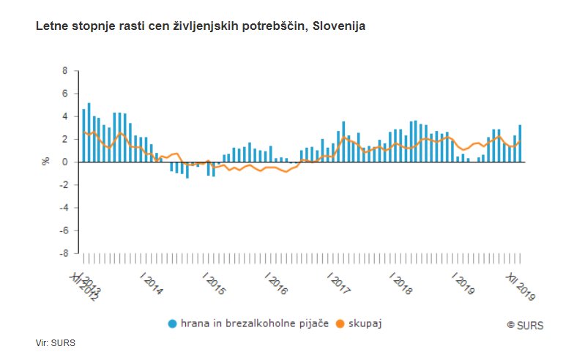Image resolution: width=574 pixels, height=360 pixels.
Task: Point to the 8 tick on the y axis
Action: click(x=65, y=71)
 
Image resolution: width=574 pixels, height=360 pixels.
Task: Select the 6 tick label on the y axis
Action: click(x=65, y=94)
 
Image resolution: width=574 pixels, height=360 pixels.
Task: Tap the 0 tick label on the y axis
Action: click(x=65, y=162)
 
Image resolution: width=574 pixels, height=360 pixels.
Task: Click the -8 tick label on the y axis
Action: click(x=63, y=253)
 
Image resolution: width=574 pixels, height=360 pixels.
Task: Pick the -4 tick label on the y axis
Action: click(x=63, y=208)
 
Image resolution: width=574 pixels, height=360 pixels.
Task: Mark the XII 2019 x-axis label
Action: click(x=522, y=285)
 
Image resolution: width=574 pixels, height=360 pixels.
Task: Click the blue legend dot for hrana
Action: click(x=173, y=323)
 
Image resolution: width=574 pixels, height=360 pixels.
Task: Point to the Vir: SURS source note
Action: click(x=55, y=342)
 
